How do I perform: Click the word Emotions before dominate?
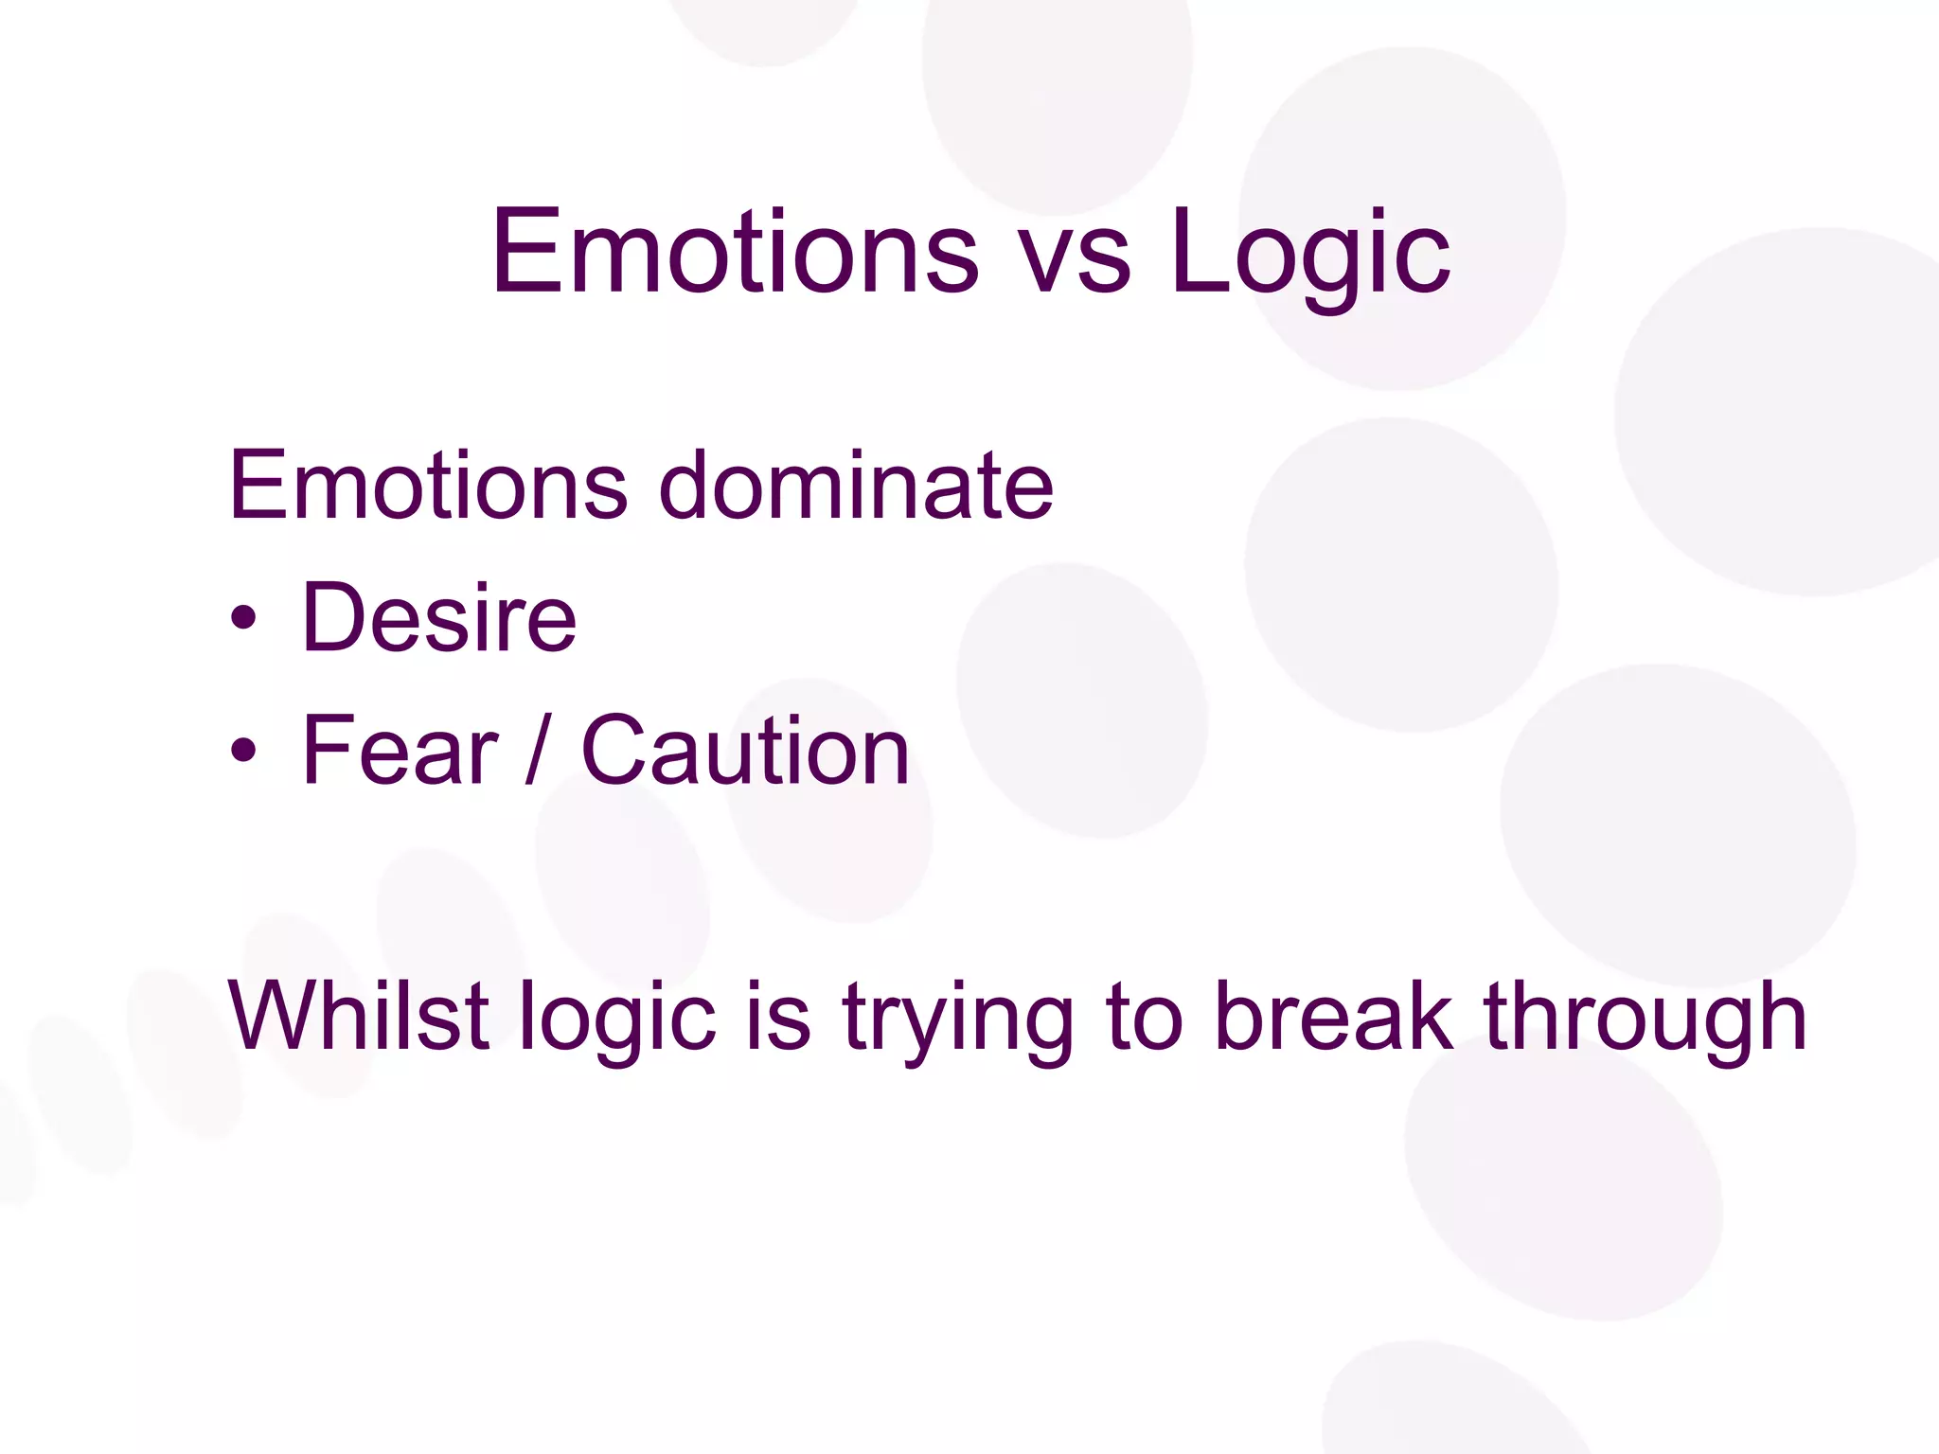coord(428,485)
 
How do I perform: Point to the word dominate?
coord(856,485)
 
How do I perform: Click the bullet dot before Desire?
coord(243,620)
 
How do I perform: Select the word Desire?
coord(439,617)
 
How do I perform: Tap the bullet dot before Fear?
coord(243,752)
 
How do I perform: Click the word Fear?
coord(400,750)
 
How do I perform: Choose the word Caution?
coord(745,750)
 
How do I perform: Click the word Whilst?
coord(358,1016)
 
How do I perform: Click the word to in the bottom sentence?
coord(1144,1018)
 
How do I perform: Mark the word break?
coord(1333,1016)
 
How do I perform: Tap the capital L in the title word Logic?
coord(1202,250)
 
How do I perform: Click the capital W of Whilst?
coord(275,1016)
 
